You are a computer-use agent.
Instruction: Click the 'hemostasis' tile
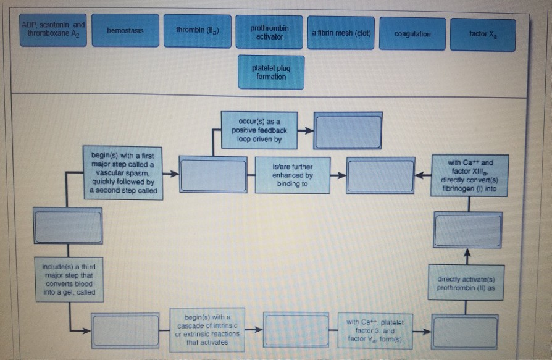[x=125, y=31]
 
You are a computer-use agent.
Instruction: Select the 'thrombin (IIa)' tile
[x=197, y=31]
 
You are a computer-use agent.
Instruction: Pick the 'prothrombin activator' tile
[x=269, y=33]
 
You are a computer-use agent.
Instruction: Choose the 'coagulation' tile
[x=412, y=35]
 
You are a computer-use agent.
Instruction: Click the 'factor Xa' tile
[x=482, y=35]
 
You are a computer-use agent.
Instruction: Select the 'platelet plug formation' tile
[x=270, y=72]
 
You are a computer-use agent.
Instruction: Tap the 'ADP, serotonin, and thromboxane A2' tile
[x=53, y=28]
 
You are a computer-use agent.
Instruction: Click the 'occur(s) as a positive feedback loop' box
[x=259, y=130]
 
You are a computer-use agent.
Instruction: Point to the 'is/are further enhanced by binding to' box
[x=292, y=175]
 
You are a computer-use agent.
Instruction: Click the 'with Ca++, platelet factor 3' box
[x=374, y=330]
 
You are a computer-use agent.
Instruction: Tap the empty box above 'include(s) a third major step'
[x=67, y=227]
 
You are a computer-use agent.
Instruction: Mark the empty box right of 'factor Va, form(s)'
[x=464, y=332]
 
